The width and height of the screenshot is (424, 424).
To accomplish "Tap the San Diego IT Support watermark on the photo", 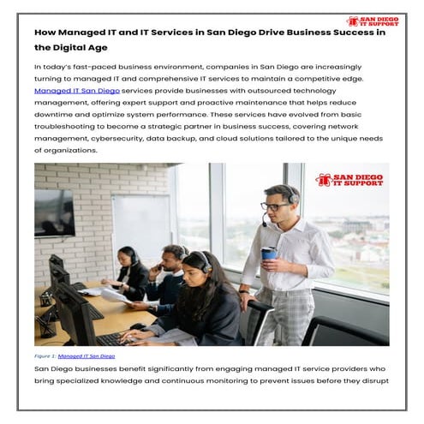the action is tap(349, 180).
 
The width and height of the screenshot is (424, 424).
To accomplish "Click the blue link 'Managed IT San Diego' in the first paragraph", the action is tap(76, 90).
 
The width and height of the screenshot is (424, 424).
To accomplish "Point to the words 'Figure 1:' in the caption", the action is tap(45, 355).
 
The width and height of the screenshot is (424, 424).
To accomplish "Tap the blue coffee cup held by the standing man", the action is tap(269, 254).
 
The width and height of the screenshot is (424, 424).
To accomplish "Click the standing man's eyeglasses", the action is tap(272, 206).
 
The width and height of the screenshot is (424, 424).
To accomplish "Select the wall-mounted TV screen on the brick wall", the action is tap(54, 212).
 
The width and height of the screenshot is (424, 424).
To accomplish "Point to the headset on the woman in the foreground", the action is tap(206, 263).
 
